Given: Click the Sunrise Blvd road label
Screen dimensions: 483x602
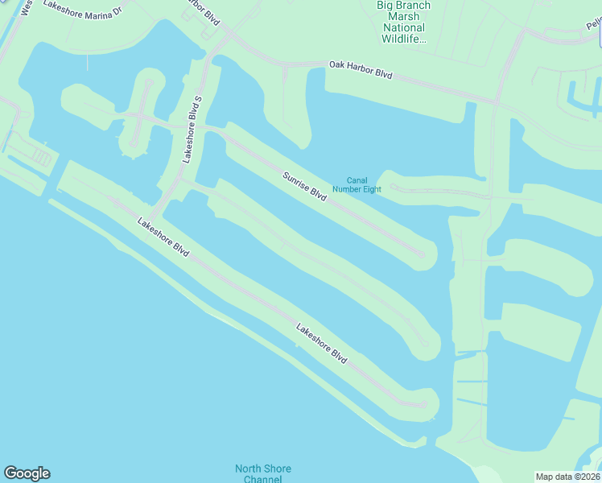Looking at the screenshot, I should [304, 187].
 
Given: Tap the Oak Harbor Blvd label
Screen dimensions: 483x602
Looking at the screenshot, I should [361, 69].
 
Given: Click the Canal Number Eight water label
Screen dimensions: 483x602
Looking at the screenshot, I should [362, 185].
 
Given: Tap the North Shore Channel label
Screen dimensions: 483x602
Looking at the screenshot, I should [262, 474].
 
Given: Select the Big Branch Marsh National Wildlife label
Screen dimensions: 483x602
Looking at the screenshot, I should [404, 22].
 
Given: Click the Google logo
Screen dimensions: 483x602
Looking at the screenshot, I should [27, 473].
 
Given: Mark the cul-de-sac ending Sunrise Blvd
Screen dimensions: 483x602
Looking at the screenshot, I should [419, 254].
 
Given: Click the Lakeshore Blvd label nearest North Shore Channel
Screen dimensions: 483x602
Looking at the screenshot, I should [321, 344].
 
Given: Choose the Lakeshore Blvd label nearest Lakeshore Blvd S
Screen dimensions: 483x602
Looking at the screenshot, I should [163, 237].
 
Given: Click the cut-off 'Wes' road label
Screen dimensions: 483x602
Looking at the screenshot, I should [26, 8].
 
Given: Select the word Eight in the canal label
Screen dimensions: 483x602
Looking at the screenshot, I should [370, 190].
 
